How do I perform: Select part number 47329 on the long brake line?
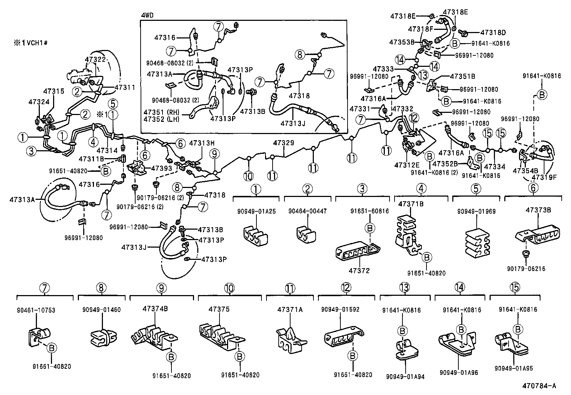click(x=283, y=143)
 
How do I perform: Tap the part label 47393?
click(x=162, y=168)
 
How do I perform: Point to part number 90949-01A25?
click(x=256, y=211)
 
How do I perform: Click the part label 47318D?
click(x=493, y=32)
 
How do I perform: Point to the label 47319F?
click(x=544, y=177)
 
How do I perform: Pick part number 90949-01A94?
click(x=405, y=376)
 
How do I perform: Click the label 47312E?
click(x=407, y=165)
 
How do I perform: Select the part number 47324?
click(x=39, y=102)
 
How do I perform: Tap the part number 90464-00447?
click(x=307, y=211)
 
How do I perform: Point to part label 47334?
click(x=495, y=167)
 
